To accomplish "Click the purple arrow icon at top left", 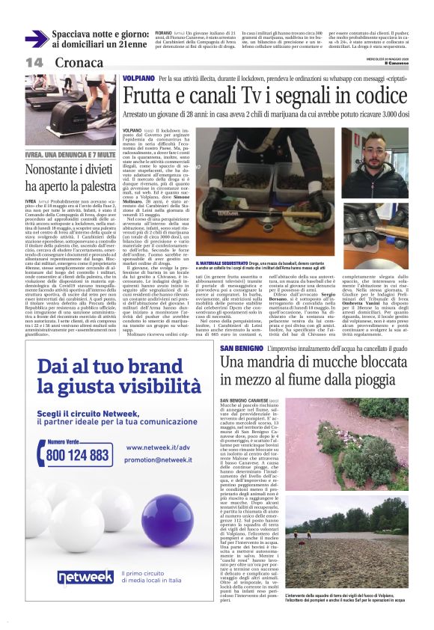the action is coord(36,38).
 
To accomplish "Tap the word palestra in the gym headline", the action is coord(88,183).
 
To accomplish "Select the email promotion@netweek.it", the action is coord(158,460).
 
